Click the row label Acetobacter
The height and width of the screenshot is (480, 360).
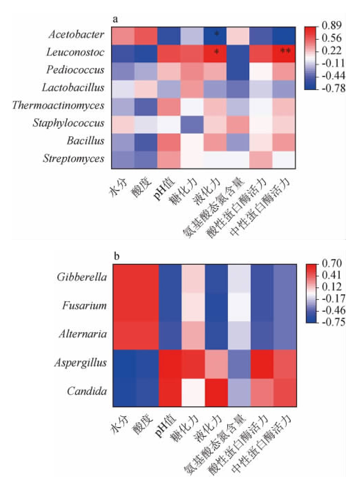[76, 34]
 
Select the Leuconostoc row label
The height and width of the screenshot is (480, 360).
[75, 52]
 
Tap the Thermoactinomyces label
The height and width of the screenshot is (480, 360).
[58, 105]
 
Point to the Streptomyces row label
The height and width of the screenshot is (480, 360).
[73, 159]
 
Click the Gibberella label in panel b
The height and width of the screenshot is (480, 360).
[82, 277]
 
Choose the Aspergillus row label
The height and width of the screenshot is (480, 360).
[81, 363]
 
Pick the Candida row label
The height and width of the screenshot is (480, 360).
[87, 391]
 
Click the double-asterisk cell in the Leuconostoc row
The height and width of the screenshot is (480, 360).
[284, 52]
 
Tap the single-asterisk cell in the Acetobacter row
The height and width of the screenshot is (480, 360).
[216, 34]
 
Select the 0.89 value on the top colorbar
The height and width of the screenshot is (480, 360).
[331, 25]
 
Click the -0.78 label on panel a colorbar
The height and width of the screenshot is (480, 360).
[333, 88]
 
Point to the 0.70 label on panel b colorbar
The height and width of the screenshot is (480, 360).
[332, 264]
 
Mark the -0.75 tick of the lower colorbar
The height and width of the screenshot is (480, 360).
[333, 322]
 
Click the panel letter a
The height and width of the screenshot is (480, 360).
[115, 19]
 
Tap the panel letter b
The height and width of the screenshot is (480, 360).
[117, 256]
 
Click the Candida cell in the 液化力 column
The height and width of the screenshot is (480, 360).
[216, 392]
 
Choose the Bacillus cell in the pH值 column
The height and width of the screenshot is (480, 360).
[169, 141]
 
